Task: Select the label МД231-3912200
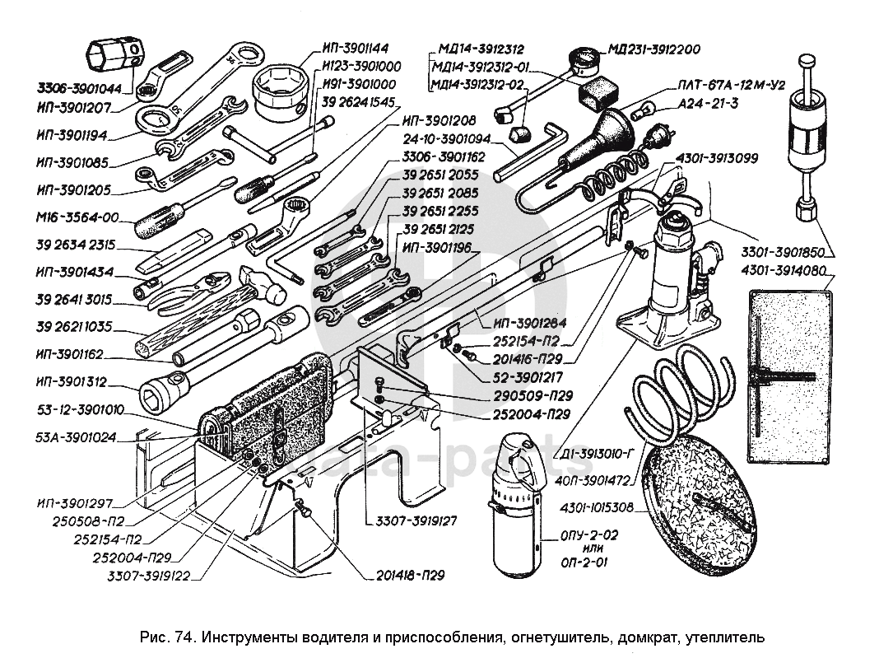pyautogui.click(x=654, y=49)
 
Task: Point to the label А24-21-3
pyautogui.click(x=708, y=103)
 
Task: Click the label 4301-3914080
pyautogui.click(x=784, y=271)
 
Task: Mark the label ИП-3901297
pyautogui.click(x=75, y=503)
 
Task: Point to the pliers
pyautogui.click(x=192, y=291)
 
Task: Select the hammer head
pyautogui.click(x=264, y=283)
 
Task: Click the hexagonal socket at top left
pyautogui.click(x=115, y=56)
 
